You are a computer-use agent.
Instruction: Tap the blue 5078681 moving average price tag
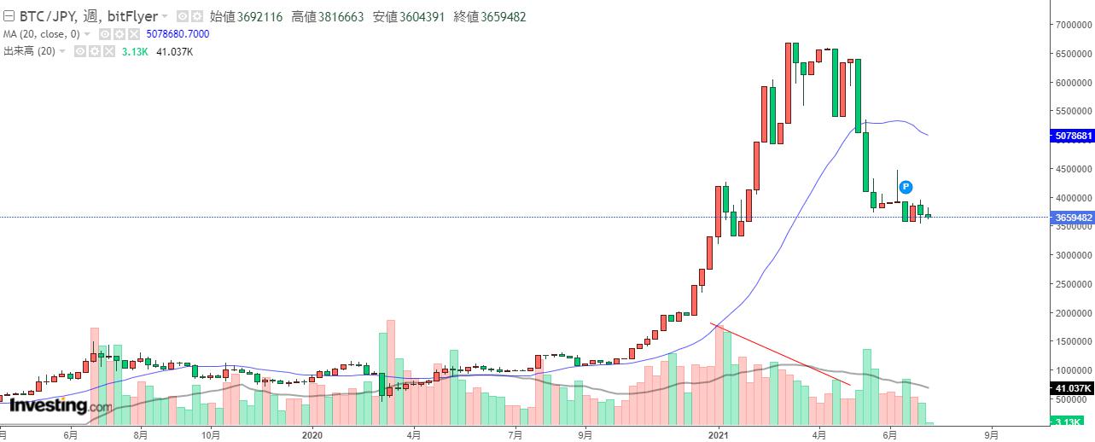click(x=1073, y=136)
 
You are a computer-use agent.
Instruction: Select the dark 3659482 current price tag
click(x=1073, y=218)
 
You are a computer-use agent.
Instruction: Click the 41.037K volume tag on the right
click(x=1073, y=388)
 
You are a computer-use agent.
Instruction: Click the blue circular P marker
click(x=906, y=187)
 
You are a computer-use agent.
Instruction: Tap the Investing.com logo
click(x=60, y=406)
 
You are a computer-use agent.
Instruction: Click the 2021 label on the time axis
click(x=720, y=434)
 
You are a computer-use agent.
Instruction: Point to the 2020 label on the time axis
click(x=312, y=434)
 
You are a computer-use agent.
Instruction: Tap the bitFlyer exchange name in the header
click(x=133, y=16)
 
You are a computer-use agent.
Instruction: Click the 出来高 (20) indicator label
click(x=30, y=52)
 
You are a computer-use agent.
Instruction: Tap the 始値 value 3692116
click(x=259, y=16)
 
